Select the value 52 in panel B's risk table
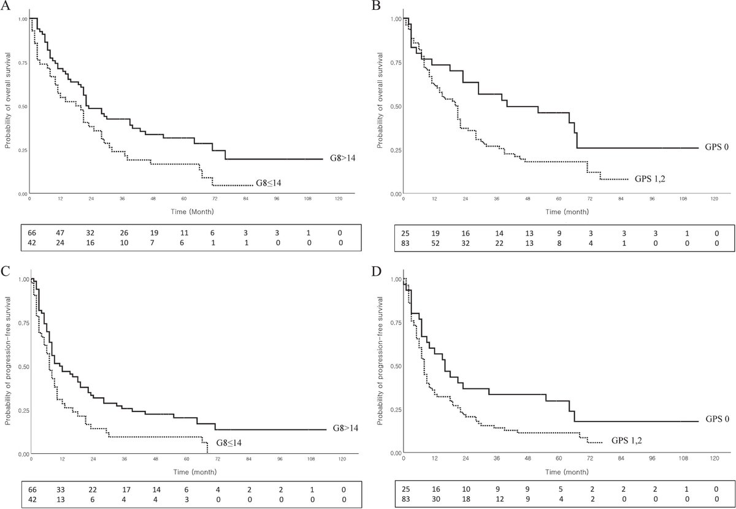(x=434, y=245)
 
